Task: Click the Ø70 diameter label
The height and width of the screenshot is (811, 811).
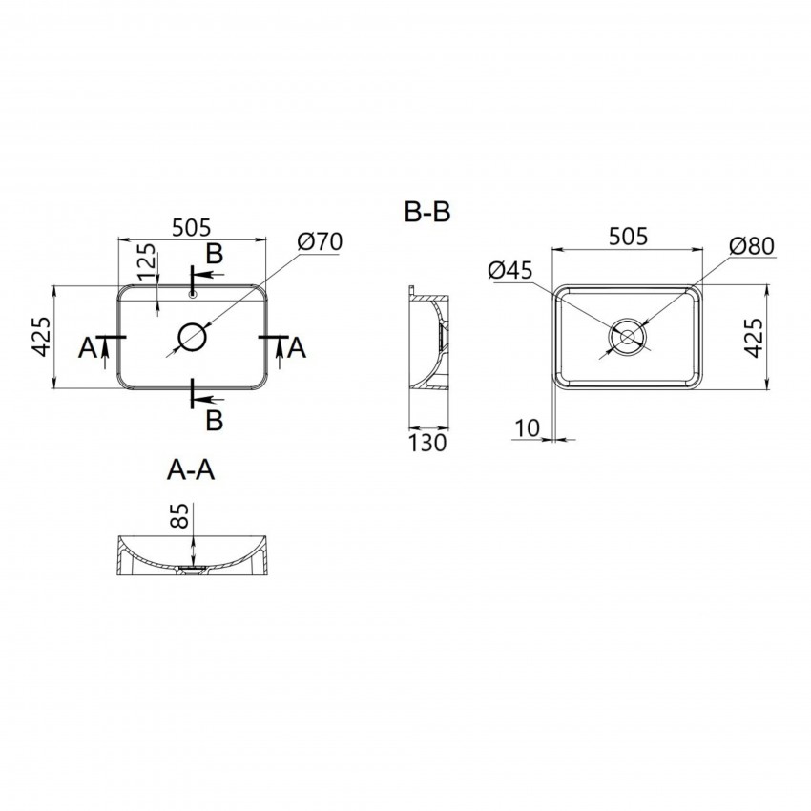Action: (320, 241)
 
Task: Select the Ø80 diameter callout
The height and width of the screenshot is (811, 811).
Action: (752, 245)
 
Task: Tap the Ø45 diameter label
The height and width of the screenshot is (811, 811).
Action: (510, 270)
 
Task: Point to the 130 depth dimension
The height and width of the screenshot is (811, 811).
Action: (427, 444)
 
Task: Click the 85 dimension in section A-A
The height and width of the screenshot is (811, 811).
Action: (179, 515)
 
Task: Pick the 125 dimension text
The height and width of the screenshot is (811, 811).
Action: (146, 261)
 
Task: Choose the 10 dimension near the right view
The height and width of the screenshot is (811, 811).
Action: (527, 427)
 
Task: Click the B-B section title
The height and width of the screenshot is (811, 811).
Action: (427, 212)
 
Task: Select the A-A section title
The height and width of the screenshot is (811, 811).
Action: (191, 470)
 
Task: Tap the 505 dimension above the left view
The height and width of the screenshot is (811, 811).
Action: (192, 228)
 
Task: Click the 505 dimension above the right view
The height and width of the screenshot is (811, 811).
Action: (628, 237)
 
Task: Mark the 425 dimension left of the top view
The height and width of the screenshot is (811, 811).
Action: (41, 336)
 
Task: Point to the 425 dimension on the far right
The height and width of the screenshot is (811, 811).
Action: (753, 338)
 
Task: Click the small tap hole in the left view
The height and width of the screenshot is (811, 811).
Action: (193, 295)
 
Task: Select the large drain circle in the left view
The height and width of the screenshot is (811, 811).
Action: (193, 337)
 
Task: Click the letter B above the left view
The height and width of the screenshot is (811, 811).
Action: (214, 254)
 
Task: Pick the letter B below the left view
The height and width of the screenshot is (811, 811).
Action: (214, 420)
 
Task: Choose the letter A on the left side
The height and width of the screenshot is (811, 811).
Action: (88, 347)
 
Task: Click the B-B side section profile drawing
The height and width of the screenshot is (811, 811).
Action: (428, 338)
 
